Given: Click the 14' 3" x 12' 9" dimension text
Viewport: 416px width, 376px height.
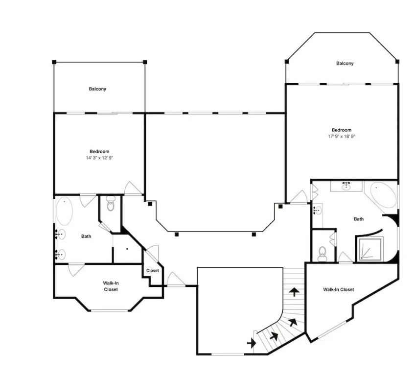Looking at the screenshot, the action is coord(99,158).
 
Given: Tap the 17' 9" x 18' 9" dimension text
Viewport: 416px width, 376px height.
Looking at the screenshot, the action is coord(342,137).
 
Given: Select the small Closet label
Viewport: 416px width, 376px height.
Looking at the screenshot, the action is coord(153,271).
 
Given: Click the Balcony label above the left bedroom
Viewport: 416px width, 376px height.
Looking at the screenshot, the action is coord(97,89).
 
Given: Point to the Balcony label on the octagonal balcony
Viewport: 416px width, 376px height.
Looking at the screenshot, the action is coord(345,64).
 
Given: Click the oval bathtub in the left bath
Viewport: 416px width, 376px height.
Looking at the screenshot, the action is coord(64,211).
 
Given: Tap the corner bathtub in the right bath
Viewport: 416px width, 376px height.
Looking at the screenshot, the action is coord(383,195).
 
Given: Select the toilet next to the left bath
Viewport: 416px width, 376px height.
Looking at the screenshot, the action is coord(111,203).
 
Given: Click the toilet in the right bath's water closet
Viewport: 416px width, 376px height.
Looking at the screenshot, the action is coord(323,254).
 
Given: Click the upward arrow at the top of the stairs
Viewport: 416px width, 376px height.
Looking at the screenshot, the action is coord(294,292).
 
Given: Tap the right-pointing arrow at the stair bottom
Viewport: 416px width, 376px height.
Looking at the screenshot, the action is coord(252,343).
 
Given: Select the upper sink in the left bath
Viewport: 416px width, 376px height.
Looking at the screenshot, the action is coord(61,235).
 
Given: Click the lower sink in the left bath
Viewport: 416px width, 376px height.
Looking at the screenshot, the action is coord(61,255).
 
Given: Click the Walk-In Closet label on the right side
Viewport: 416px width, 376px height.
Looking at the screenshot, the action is coord(339,289).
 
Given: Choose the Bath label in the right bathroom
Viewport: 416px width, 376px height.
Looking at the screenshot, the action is coord(359,219).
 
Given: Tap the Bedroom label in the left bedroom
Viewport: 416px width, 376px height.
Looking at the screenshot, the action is coord(99,151).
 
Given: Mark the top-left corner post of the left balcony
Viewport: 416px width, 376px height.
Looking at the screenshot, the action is coord(54,62).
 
